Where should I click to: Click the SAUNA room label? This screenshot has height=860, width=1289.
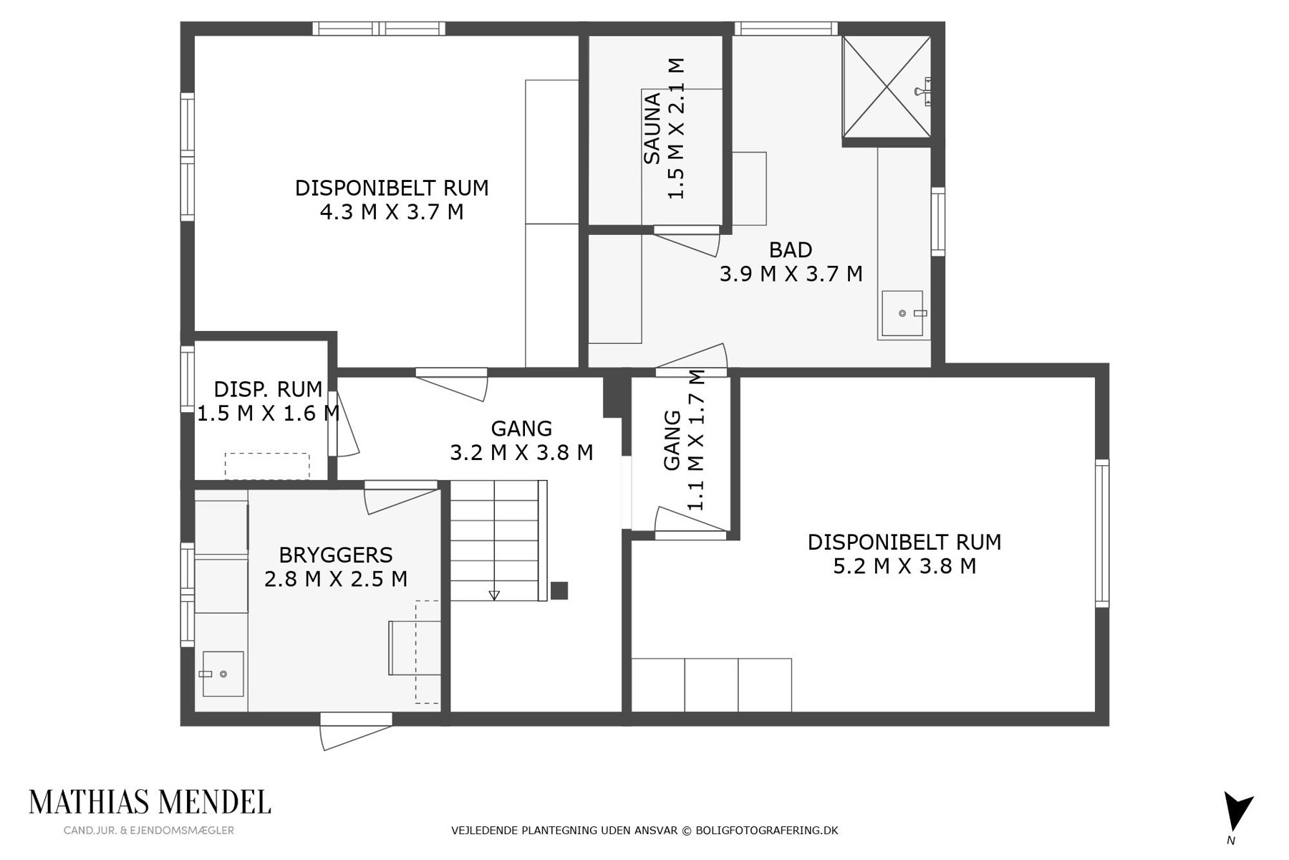click(652, 128)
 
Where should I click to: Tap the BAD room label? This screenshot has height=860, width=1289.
click(791, 249)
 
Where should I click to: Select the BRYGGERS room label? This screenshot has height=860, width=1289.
click(336, 555)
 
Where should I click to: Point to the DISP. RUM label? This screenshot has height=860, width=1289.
click(268, 389)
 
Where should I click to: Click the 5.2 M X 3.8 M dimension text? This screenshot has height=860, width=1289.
click(904, 566)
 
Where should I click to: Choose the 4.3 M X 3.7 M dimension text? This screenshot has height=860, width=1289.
click(392, 212)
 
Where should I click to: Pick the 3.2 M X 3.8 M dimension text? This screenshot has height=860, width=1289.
click(521, 453)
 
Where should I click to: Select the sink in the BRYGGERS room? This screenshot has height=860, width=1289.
click(223, 674)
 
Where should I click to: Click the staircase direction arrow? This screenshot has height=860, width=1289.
click(494, 595)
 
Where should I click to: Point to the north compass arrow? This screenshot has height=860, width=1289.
click(1237, 812)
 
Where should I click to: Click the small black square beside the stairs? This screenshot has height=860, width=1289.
click(559, 591)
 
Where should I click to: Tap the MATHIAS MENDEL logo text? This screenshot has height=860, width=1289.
click(150, 802)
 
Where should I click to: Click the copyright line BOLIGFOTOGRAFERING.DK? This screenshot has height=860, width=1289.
click(767, 831)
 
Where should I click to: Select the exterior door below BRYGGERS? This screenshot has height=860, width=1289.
click(356, 731)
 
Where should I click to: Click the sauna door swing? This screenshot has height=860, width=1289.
click(686, 241)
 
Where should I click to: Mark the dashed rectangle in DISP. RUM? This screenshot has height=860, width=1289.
click(267, 466)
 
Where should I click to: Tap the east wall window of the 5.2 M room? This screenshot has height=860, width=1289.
click(1102, 533)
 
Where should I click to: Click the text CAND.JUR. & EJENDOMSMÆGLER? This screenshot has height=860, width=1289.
click(149, 831)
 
